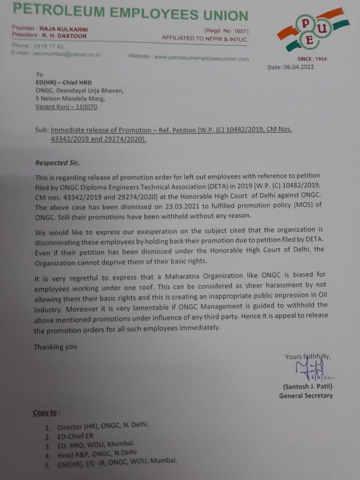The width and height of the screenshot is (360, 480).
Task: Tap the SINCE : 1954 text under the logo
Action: [312, 59]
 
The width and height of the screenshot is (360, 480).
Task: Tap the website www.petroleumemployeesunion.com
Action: [202, 59]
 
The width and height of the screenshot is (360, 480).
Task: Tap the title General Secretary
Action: [306, 396]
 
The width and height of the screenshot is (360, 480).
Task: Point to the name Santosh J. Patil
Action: [307, 387]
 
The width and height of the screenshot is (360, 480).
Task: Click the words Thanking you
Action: [55, 347]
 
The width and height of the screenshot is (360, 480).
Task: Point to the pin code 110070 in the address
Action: [86, 106]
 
